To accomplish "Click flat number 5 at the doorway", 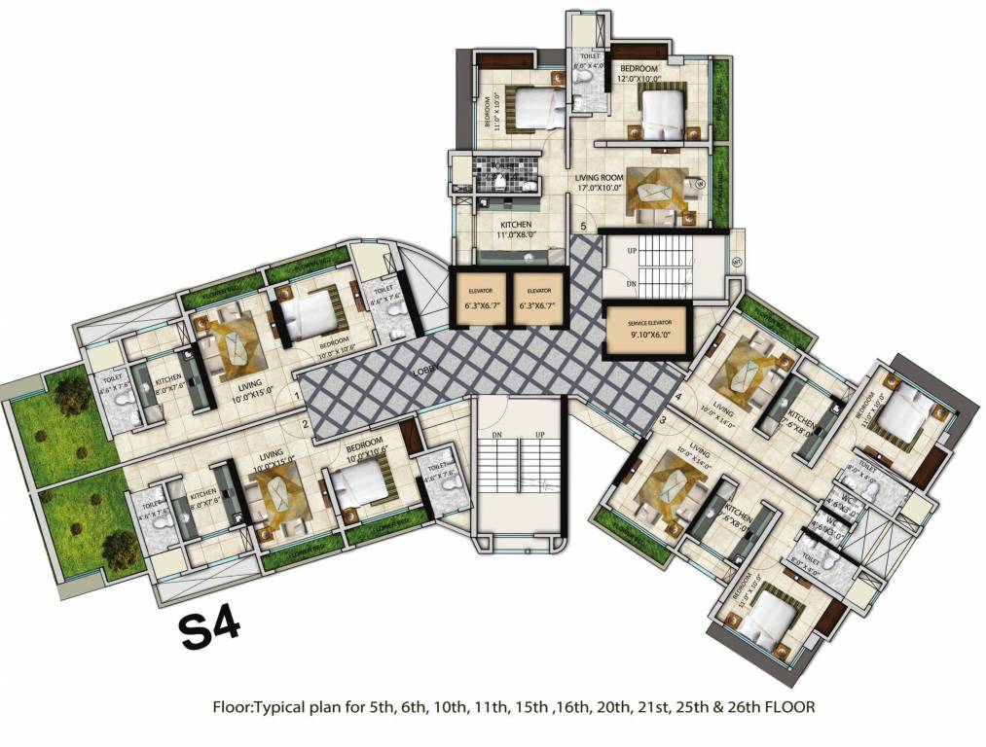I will pos(583,227).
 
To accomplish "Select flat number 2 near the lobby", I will pos(305,423).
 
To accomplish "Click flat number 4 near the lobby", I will pos(677,397).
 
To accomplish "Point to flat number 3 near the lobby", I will pos(663,420).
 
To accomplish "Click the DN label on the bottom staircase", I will pos(496,438).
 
